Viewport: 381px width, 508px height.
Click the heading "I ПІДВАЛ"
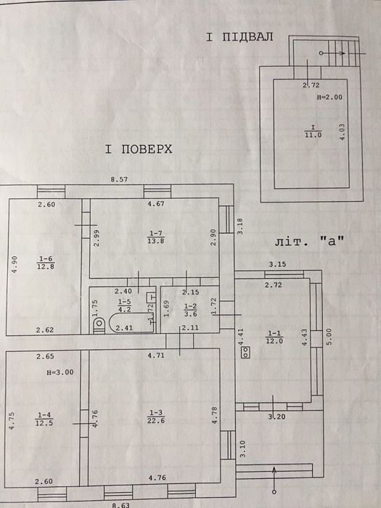pyautogui.click(x=239, y=36)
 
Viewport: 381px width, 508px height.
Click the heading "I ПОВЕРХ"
pyautogui.click(x=139, y=149)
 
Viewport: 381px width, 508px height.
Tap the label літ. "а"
pyautogui.click(x=309, y=242)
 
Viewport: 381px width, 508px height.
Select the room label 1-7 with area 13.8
pyautogui.click(x=156, y=237)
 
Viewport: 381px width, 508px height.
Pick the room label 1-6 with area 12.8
pyautogui.click(x=45, y=263)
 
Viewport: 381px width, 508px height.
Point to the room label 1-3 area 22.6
pyautogui.click(x=156, y=417)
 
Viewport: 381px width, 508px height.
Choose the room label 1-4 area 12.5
pyautogui.click(x=44, y=419)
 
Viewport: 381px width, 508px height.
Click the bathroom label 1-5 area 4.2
pyautogui.click(x=124, y=306)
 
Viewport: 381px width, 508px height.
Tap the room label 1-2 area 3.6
pyautogui.click(x=190, y=310)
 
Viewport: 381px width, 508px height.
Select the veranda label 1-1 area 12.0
pyautogui.click(x=274, y=337)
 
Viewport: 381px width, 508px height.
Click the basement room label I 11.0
pyautogui.click(x=313, y=131)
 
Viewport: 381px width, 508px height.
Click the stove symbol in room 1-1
pyautogui.click(x=245, y=352)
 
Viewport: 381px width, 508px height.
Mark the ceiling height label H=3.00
pyautogui.click(x=60, y=372)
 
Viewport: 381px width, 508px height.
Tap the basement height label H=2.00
pyautogui.click(x=329, y=97)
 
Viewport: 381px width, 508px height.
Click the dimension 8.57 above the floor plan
pyautogui.click(x=119, y=179)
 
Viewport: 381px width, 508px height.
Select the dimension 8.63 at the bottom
pyautogui.click(x=121, y=505)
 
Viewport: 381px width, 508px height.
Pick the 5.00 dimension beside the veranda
pyautogui.click(x=329, y=337)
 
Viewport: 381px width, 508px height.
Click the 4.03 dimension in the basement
pyautogui.click(x=342, y=132)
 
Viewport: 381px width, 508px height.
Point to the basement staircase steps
pyautogui.click(x=344, y=53)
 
